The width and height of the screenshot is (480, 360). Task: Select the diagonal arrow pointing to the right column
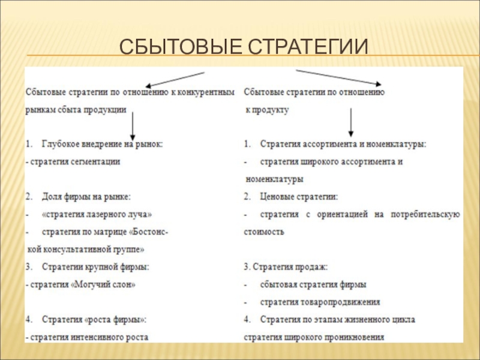(338, 78)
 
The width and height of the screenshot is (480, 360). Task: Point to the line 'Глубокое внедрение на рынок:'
(102, 145)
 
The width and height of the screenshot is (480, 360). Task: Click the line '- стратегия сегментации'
(73, 162)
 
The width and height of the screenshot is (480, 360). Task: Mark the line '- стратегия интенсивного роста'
(87, 337)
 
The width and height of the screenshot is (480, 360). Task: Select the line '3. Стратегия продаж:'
(285, 266)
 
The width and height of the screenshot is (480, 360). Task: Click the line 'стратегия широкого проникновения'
(313, 337)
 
